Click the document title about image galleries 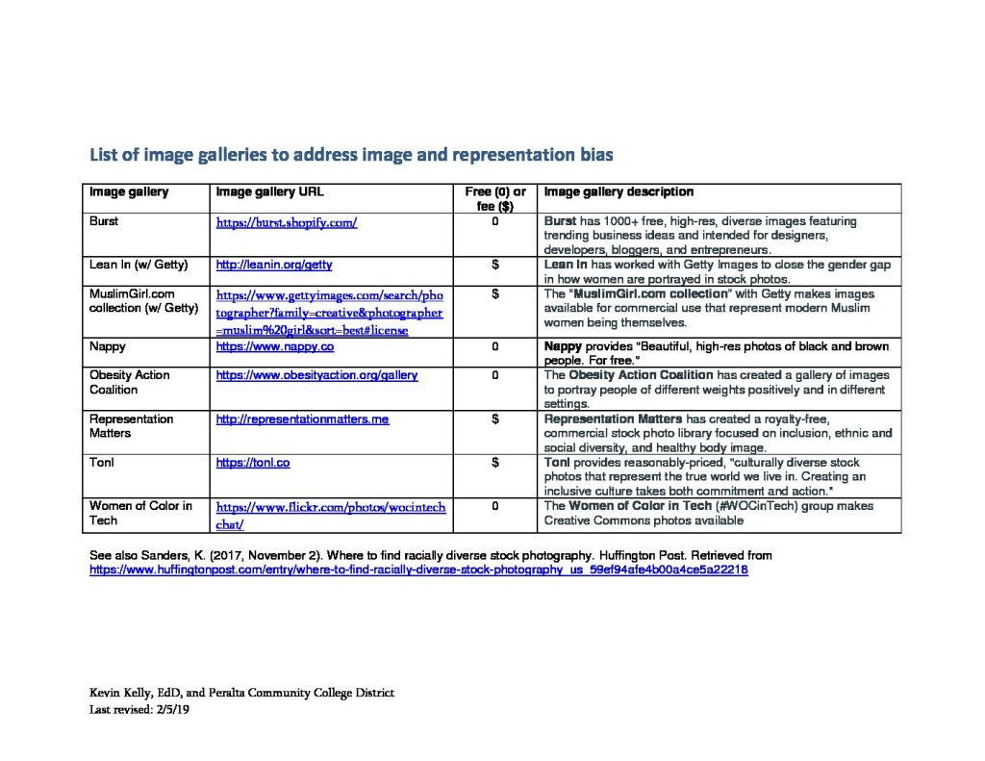[351, 154]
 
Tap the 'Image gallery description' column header [619, 192]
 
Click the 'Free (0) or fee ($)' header [494, 199]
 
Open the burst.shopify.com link [287, 222]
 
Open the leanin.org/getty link [274, 265]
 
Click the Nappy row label [107, 345]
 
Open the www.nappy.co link [275, 345]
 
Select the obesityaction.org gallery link [316, 375]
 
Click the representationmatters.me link [302, 419]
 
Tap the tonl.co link [253, 463]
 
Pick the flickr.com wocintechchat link [330, 515]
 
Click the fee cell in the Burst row [494, 221]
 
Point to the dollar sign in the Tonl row [494, 463]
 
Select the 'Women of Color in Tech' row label [140, 513]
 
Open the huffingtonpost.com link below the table [418, 570]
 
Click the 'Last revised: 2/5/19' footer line [146, 710]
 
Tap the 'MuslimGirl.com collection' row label [143, 301]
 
